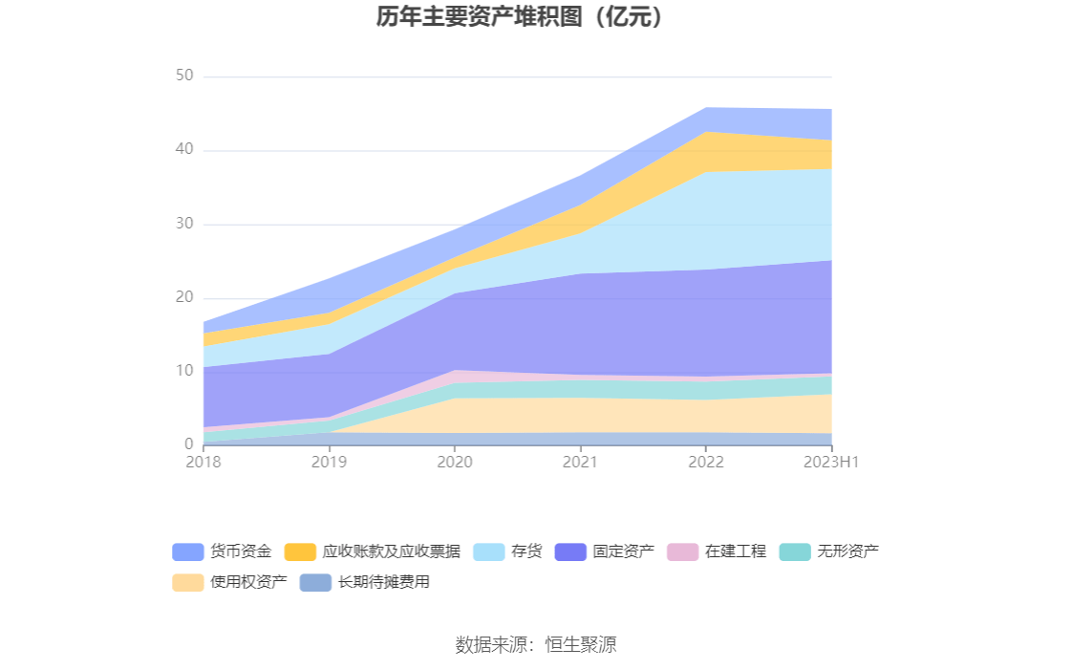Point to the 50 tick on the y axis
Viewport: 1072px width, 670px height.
pos(184,76)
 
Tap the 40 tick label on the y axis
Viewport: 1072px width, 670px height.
pos(184,150)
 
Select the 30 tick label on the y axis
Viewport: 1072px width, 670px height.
pos(184,224)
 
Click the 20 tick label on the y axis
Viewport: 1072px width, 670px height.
pos(184,297)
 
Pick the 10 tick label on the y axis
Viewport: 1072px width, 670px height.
pos(184,371)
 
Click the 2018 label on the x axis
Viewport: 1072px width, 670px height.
pos(204,463)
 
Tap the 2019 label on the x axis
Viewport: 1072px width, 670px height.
pos(330,463)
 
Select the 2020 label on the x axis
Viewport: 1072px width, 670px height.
pos(455,463)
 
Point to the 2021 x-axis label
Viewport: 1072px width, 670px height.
pos(581,463)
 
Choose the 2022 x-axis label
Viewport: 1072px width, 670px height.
pos(706,463)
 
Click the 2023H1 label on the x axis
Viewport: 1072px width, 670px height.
pos(831,463)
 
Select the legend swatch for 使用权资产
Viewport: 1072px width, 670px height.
pos(188,582)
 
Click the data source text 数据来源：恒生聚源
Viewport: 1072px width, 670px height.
pos(536,644)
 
